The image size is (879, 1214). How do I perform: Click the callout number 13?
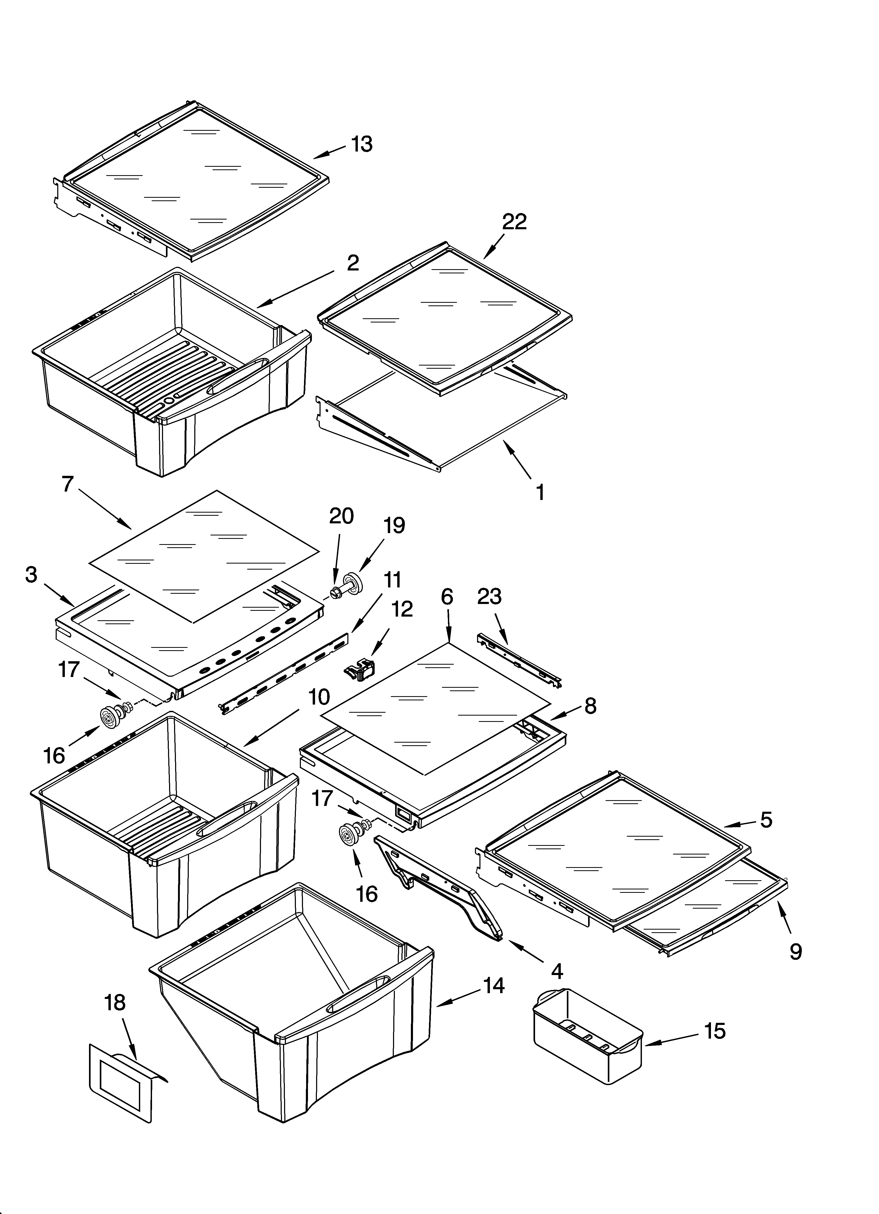click(362, 144)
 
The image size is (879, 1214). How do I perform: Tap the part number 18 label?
click(115, 1003)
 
